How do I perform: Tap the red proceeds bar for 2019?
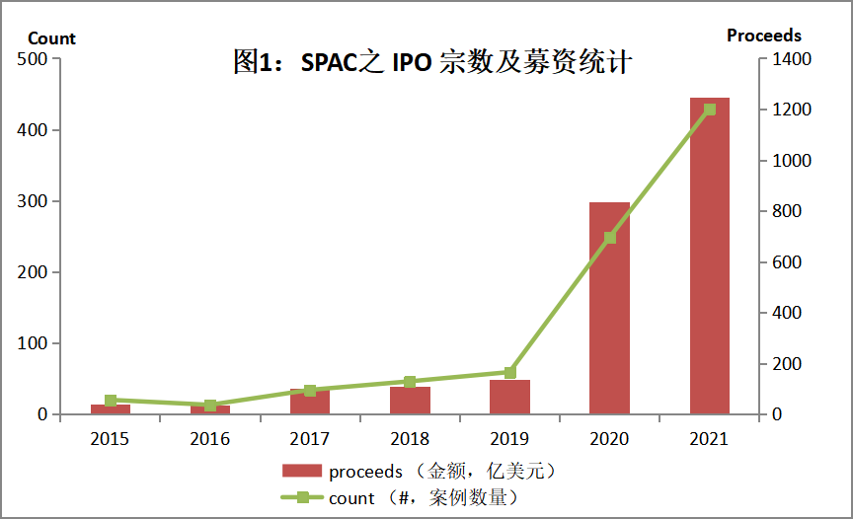[x=509, y=398]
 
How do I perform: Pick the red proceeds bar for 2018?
[x=410, y=401]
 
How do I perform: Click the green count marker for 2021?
[x=709, y=110]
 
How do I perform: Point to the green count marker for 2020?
[x=609, y=237]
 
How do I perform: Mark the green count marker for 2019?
[x=509, y=372]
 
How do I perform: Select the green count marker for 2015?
[x=111, y=401]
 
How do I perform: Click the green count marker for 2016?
[x=210, y=406]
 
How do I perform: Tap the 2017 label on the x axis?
[x=310, y=439]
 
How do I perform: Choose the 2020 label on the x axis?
[x=609, y=439]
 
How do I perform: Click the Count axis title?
[x=51, y=38]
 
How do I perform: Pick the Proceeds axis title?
[x=764, y=36]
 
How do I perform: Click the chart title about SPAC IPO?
[x=431, y=64]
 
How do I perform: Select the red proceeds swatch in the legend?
[x=301, y=471]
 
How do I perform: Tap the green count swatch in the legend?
[x=301, y=497]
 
